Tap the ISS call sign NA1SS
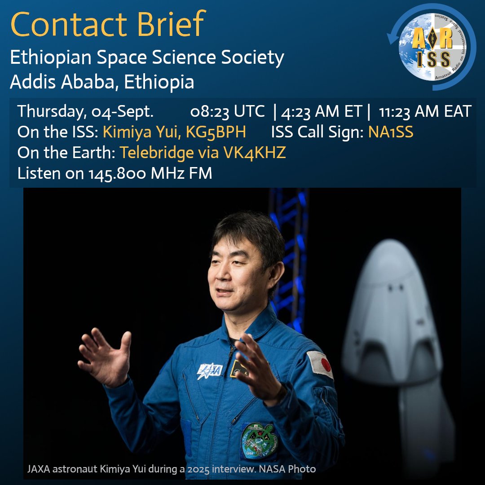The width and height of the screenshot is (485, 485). [x=391, y=132]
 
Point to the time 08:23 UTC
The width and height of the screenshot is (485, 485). [x=227, y=112]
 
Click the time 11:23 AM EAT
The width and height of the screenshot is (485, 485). [x=425, y=112]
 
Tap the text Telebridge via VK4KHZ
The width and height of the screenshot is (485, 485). [x=203, y=153]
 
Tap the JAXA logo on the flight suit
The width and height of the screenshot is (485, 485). [x=210, y=370]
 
